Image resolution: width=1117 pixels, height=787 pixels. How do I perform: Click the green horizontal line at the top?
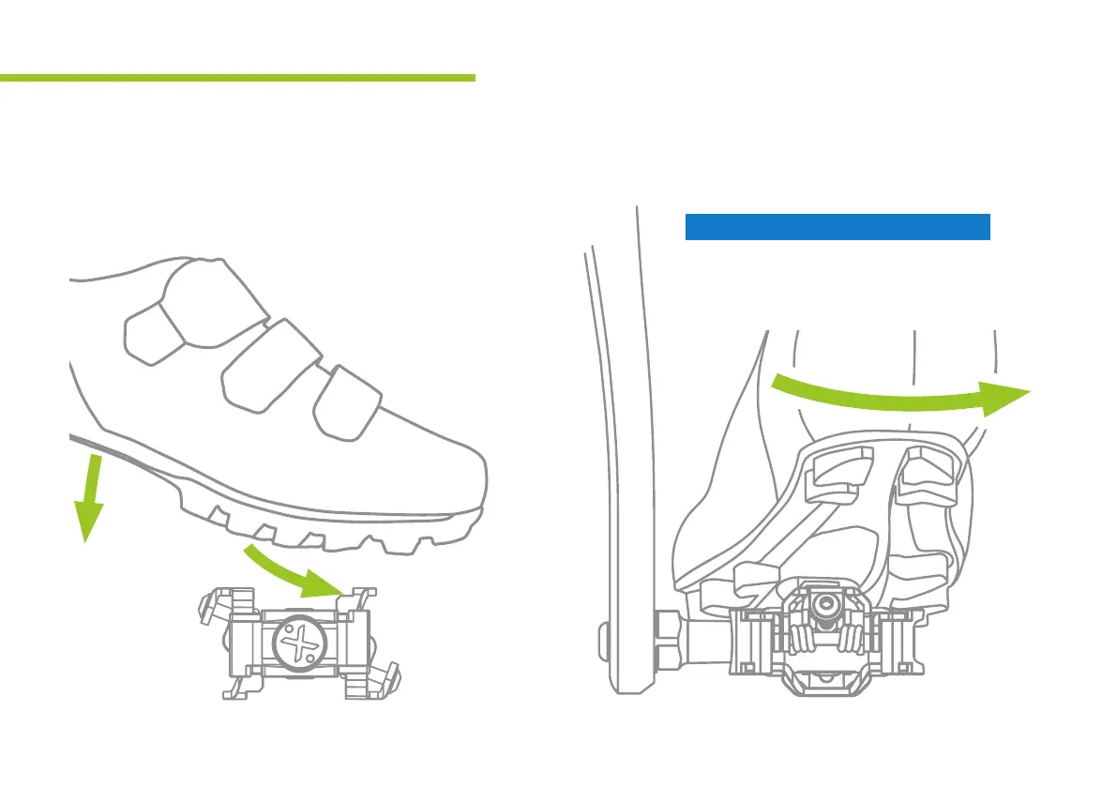pyautogui.click(x=237, y=78)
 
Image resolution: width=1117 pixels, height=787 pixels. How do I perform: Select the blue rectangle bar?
pyautogui.click(x=838, y=227)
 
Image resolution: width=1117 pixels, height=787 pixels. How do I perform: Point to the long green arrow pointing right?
pyautogui.click(x=900, y=394)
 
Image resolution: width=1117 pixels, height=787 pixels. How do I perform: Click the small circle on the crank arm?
pyautogui.click(x=603, y=643)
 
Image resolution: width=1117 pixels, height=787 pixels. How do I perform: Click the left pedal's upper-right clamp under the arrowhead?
pyautogui.click(x=355, y=599)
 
